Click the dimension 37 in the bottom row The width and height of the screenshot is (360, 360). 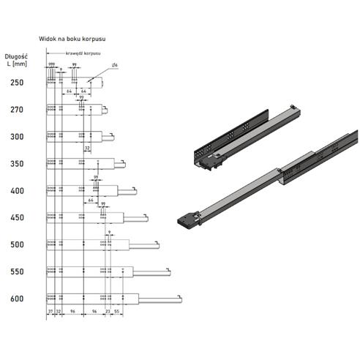click(50, 312)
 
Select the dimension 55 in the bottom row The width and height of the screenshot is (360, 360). click(117, 312)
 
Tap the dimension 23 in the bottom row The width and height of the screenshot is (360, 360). click(108, 312)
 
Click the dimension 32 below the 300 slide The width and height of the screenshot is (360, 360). click(87, 148)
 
